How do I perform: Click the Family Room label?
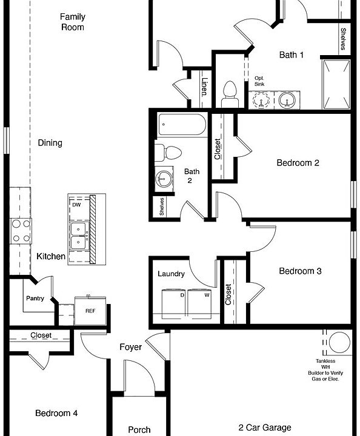tap(72, 22)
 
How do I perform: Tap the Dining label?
tap(50, 143)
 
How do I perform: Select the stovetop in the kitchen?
tap(21, 231)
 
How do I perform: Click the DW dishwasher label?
tap(76, 205)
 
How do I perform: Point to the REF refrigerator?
tap(90, 311)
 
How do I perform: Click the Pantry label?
tap(35, 299)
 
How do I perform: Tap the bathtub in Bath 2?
tap(182, 125)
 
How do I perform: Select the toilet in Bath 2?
tap(168, 153)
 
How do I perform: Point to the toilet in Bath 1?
tap(230, 94)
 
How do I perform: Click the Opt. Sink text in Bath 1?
tap(259, 81)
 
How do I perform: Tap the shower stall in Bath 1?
tap(336, 84)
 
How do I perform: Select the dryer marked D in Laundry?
tap(174, 304)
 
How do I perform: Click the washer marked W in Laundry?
tap(199, 304)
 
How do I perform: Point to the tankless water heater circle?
tap(339, 342)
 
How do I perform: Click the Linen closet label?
tap(205, 87)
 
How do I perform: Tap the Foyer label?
tap(130, 347)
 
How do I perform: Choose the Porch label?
tap(139, 429)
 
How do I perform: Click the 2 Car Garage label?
tap(265, 428)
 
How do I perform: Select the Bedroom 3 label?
tap(300, 271)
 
